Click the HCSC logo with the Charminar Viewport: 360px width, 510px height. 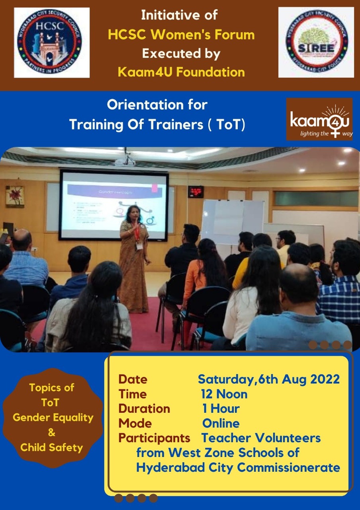pos(52,43)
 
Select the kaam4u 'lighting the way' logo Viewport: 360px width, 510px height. pos(319,120)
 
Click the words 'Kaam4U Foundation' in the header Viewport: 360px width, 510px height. pos(181,72)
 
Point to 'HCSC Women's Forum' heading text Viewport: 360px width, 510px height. pos(181,35)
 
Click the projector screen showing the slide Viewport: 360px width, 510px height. pos(114,205)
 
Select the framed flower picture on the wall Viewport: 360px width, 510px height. pos(15,196)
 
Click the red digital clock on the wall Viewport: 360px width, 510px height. pos(196,192)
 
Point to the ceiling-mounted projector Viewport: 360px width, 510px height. pos(125,160)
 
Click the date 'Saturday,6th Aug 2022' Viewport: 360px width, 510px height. pos(269,379)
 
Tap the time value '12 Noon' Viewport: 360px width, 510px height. pos(224,394)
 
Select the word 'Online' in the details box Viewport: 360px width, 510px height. pos(221,423)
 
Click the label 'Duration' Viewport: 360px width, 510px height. pos(144,409)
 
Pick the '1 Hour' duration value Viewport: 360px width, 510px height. pos(221,409)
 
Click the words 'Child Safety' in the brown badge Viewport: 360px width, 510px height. pos(52,447)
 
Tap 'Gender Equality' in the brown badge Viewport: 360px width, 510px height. pos(53,418)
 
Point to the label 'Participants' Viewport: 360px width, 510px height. pos(154,438)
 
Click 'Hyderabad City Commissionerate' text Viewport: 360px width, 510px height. pos(238,467)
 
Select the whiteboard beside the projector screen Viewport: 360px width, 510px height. pos(232,221)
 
